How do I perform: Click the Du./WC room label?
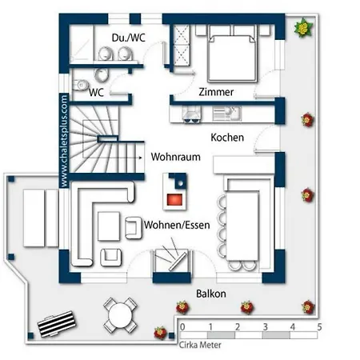[129, 38]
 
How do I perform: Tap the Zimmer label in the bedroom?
[216, 92]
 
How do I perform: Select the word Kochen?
[227, 138]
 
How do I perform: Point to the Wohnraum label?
[175, 157]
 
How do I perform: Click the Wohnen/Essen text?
[177, 225]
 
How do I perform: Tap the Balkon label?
[211, 294]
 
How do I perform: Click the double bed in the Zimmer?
[233, 54]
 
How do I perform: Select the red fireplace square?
[174, 199]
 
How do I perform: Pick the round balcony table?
[121, 315]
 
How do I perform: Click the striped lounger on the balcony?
[57, 323]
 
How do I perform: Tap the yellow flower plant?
[303, 27]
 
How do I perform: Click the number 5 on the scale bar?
[319, 327]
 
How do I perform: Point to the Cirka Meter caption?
[200, 345]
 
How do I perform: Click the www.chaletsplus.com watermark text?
[64, 141]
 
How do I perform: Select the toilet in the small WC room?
[80, 85]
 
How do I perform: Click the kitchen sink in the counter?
[227, 114]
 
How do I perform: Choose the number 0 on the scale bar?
[182, 327]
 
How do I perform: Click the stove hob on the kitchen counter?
[191, 114]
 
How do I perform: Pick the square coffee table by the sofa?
[109, 226]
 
